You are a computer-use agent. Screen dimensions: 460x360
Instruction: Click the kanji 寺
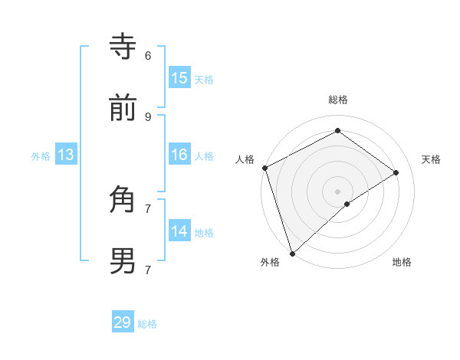[x=123, y=47]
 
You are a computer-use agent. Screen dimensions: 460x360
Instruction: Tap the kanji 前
[x=123, y=109]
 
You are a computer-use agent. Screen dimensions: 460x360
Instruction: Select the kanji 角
[x=123, y=200]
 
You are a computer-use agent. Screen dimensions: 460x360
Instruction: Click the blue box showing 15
[x=179, y=78]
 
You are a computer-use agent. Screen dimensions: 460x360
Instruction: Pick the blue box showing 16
[x=179, y=155]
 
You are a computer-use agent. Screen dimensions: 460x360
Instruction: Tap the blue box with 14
[x=179, y=231]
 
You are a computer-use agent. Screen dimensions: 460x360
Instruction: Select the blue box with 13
[x=66, y=155]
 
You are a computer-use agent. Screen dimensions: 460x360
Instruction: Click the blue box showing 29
[x=123, y=322]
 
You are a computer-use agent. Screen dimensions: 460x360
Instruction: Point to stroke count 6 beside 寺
[x=148, y=55]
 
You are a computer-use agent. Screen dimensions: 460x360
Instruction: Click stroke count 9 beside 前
[x=148, y=116]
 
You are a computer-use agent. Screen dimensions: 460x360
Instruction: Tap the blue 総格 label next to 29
[x=148, y=324]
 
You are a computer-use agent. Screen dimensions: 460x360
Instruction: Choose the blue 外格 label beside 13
[x=41, y=155]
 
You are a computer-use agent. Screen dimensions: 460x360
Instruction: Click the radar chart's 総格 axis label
[x=338, y=100]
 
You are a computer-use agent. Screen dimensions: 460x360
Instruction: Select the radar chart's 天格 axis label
[x=432, y=159]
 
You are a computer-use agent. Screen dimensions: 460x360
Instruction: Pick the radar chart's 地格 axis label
[x=402, y=263]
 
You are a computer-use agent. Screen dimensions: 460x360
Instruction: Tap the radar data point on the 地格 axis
[x=347, y=204]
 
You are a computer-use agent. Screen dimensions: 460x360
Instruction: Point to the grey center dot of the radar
[x=338, y=191]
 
